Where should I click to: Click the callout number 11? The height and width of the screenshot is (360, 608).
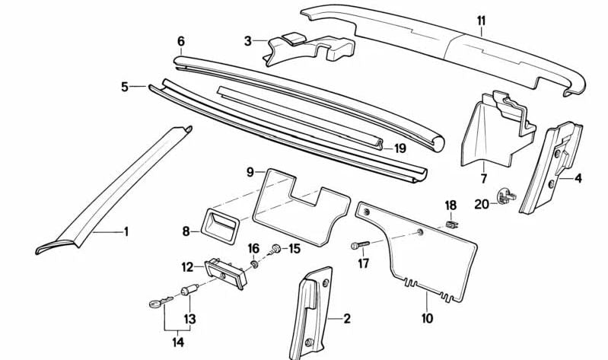tap(480, 21)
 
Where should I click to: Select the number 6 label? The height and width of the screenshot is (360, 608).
tap(180, 40)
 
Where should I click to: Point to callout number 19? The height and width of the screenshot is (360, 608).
tap(400, 148)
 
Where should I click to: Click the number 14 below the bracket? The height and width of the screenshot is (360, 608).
tap(178, 342)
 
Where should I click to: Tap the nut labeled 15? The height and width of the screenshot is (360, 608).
tap(277, 247)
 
